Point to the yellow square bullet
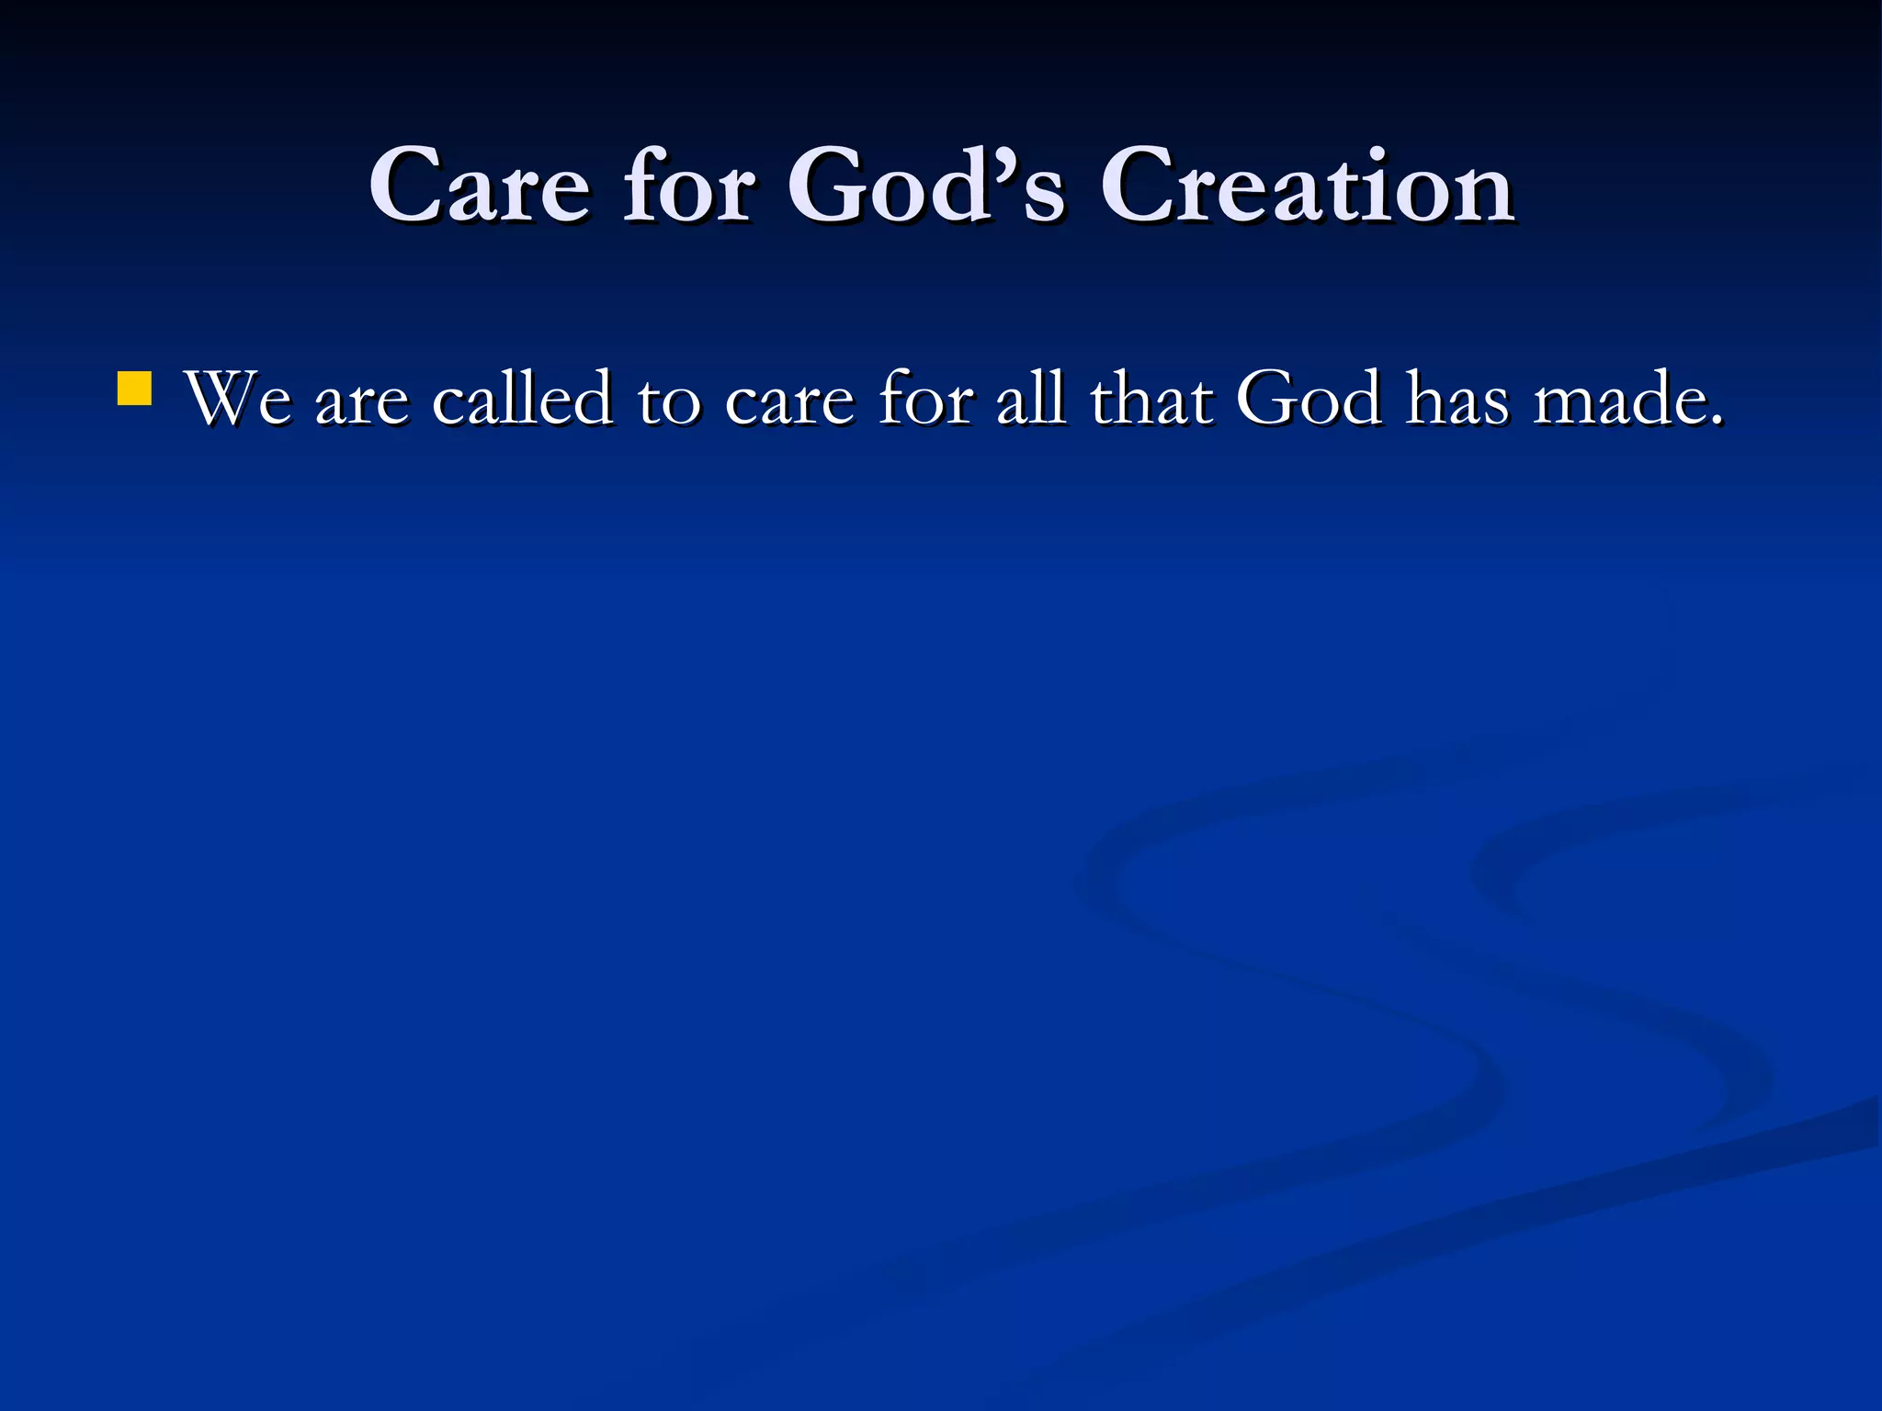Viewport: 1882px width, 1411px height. coord(134,388)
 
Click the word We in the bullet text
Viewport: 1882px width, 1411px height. coord(238,400)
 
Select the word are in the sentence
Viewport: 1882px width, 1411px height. coord(361,404)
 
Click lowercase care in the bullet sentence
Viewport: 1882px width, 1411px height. coord(789,404)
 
